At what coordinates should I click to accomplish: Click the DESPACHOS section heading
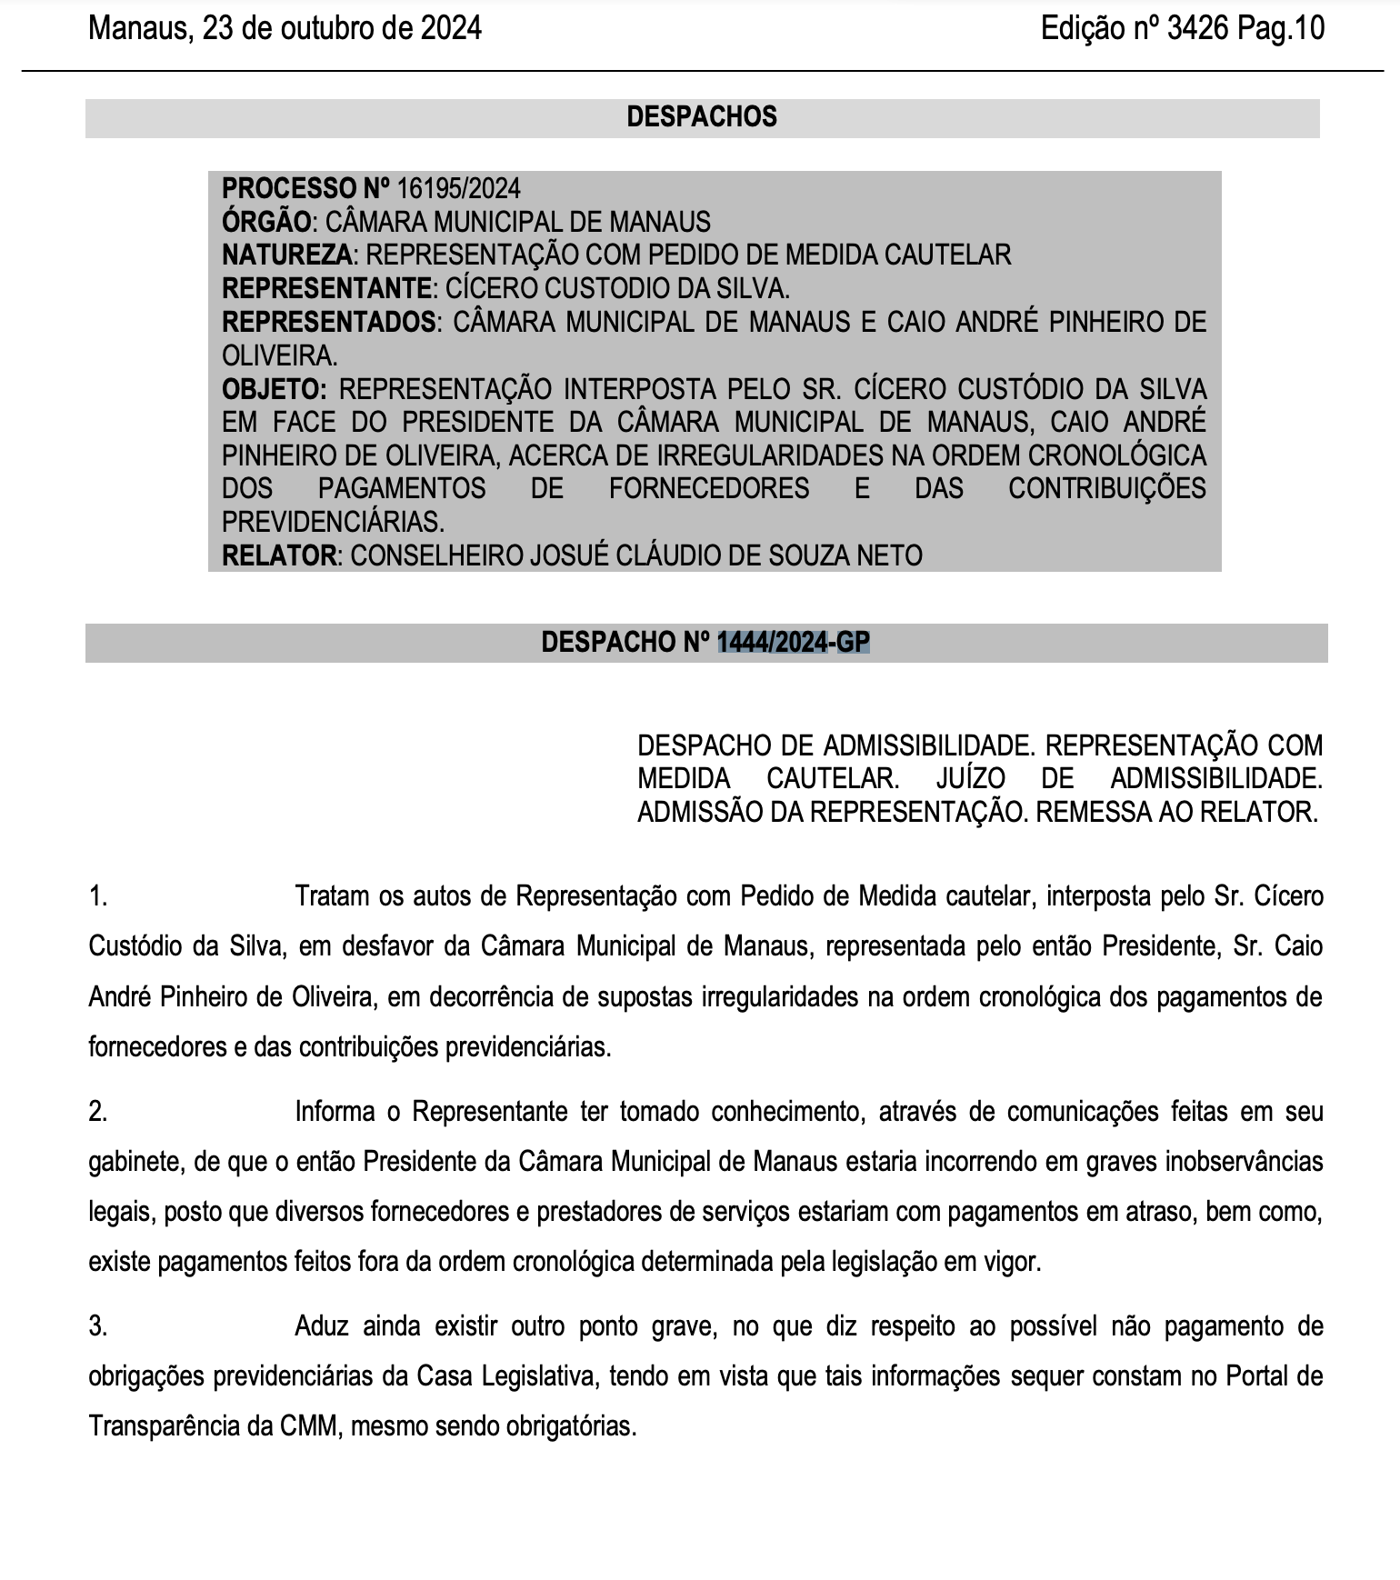click(702, 117)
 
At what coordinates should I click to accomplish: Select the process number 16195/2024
click(458, 189)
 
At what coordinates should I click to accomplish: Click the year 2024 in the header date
click(450, 29)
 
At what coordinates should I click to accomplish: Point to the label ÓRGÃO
click(266, 223)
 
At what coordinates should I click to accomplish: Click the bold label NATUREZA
click(286, 255)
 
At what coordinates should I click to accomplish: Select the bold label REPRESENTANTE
click(326, 289)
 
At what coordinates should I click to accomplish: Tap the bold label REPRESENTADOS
click(329, 323)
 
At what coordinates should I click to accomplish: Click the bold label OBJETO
click(274, 389)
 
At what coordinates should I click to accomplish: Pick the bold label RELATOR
click(279, 555)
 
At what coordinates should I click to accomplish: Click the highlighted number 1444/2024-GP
click(793, 643)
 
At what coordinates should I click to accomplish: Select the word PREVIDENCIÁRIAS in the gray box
click(333, 522)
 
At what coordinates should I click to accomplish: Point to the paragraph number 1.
click(98, 897)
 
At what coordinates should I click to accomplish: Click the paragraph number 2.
click(98, 1112)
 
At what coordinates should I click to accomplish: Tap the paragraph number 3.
click(98, 1326)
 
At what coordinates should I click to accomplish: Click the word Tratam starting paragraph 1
click(332, 897)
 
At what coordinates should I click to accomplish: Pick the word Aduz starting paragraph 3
click(321, 1326)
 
